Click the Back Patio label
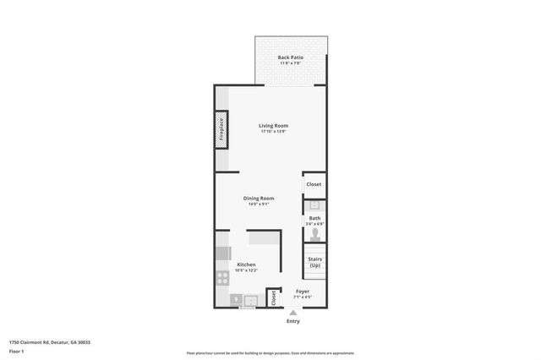(290, 57)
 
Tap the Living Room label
(273, 126)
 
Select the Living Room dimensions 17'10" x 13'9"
(273, 132)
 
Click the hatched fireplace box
(221, 131)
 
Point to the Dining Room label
(259, 199)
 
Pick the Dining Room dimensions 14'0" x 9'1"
(259, 205)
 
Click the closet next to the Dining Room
(314, 184)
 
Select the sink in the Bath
(314, 205)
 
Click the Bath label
(314, 218)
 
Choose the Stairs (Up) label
(314, 262)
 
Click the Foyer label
(302, 292)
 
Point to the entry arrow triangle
(292, 313)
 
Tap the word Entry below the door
(292, 321)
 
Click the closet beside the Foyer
(273, 297)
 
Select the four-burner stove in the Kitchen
(223, 276)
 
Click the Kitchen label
(246, 265)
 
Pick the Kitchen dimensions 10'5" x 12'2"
(246, 270)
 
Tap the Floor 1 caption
(17, 350)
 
